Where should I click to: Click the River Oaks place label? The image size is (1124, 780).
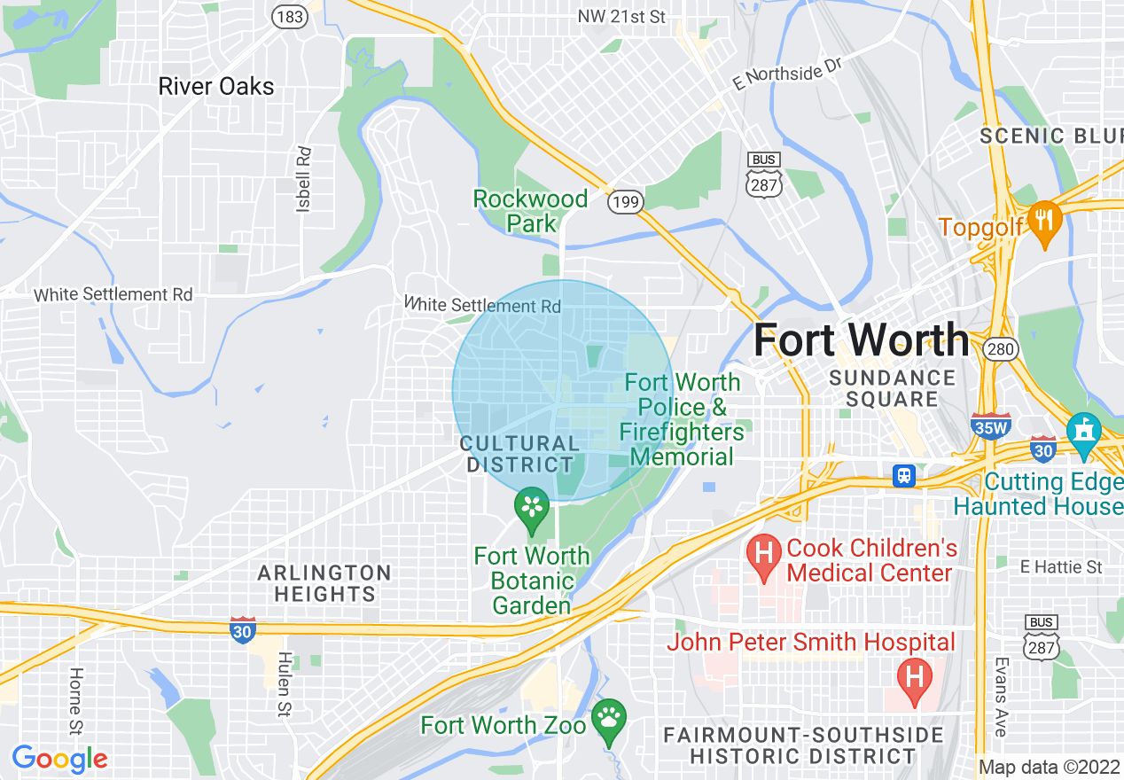pos(216,86)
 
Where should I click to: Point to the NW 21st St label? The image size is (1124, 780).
pos(621,17)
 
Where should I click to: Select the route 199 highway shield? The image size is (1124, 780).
pos(624,203)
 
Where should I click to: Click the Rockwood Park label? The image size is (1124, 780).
pos(531,211)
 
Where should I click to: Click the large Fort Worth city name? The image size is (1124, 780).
pos(861,339)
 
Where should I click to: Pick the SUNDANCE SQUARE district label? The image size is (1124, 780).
pos(891,388)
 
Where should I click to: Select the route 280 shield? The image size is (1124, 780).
pos(1001,349)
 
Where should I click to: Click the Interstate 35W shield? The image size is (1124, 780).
pos(990,425)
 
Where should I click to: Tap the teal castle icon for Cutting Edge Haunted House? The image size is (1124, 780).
pos(1083,433)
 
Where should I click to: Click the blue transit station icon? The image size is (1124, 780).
pos(903,476)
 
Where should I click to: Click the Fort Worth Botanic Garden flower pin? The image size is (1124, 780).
pos(532,508)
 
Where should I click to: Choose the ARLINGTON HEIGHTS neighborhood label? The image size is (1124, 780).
pos(324,583)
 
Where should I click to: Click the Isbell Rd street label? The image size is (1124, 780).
pos(304,178)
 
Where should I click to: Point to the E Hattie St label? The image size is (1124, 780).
pos(1060,566)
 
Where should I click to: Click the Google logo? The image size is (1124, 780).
pos(59,759)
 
